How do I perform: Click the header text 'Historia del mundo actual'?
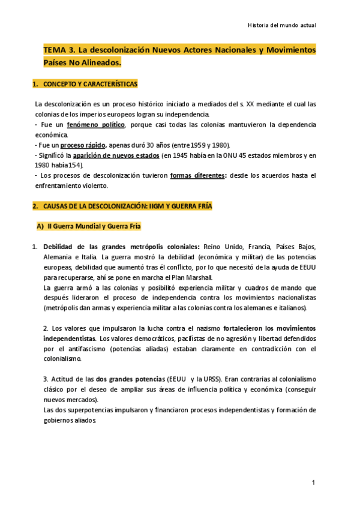click(281, 25)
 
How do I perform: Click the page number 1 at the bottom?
click(313, 483)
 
